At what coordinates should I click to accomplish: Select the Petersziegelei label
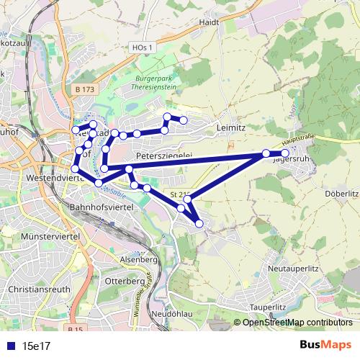click(x=163, y=156)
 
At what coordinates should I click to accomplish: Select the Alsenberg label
click(x=141, y=258)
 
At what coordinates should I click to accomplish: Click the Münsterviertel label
click(x=50, y=236)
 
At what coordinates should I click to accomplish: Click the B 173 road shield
click(x=84, y=89)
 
